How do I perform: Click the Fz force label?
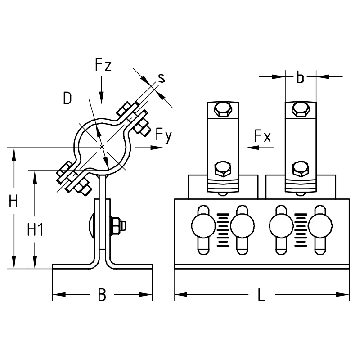102,66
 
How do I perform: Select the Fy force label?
164,135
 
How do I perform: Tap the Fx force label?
262,136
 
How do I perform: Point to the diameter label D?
67,98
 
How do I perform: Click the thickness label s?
161,78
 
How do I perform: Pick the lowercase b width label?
300,77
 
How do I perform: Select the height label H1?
35,230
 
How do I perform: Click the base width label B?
102,295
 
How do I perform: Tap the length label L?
261,295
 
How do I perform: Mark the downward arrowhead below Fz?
102,96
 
